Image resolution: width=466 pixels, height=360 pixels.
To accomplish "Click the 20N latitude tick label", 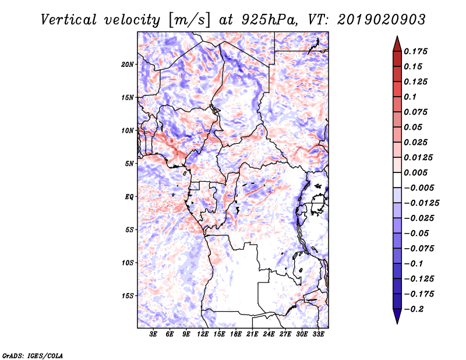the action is point(128,65).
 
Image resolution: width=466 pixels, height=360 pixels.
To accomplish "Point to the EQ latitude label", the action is point(129,197).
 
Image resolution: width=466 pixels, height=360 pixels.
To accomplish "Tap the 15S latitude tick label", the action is point(128,296).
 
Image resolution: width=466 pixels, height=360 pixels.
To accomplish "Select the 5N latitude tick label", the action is point(129,164).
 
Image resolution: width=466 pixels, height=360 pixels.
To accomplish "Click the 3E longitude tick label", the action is point(153,334).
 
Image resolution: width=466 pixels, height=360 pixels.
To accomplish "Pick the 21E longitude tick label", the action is point(252,334).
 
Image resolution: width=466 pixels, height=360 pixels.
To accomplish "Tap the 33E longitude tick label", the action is point(318,334).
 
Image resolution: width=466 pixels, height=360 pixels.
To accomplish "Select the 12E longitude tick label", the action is point(203,334).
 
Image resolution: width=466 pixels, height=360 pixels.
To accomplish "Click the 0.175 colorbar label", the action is point(415,51).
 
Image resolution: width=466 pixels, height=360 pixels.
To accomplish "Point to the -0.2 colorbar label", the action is point(414,309).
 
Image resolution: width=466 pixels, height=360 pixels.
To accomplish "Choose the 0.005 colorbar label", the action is point(415,172).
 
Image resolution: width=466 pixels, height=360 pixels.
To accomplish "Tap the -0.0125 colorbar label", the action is point(421,203).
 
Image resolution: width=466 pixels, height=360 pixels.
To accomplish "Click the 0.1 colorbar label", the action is point(410,97).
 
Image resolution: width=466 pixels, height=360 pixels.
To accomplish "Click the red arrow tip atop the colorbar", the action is point(397,36).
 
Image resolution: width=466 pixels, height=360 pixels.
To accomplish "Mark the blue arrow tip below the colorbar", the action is point(397,323).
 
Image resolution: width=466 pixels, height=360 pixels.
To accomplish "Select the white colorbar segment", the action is point(397,180).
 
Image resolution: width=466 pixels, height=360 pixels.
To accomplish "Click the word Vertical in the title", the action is point(69,20).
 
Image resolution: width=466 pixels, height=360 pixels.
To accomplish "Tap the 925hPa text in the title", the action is point(269,20).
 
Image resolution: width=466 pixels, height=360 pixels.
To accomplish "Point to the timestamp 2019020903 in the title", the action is point(382,20).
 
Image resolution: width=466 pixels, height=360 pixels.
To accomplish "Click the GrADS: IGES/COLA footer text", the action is point(33,356).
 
